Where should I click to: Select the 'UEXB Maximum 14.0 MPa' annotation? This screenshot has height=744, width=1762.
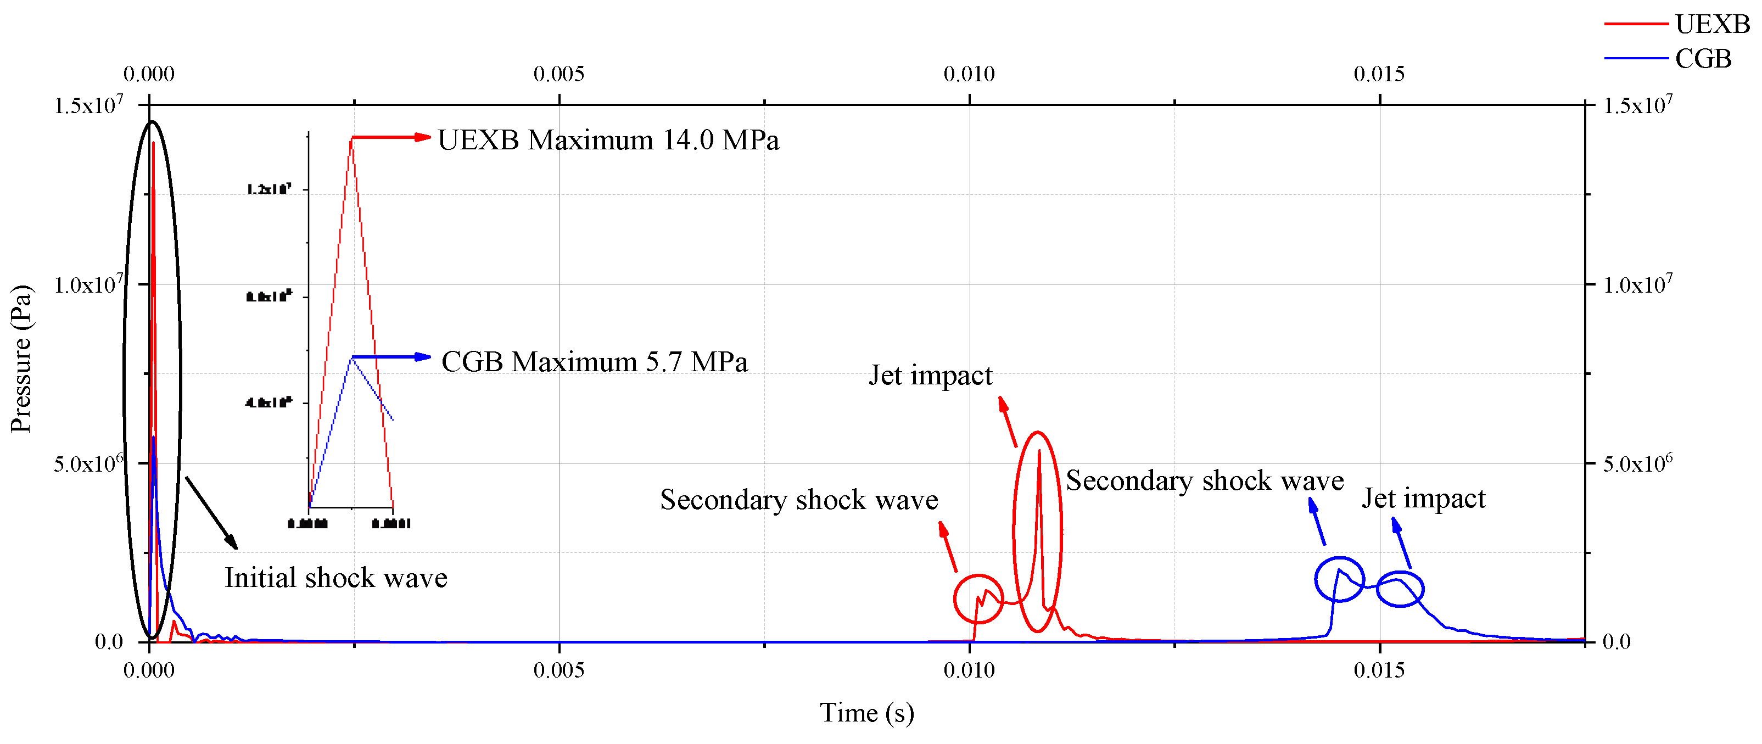click(607, 140)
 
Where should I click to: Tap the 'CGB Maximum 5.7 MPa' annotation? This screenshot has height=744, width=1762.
click(594, 362)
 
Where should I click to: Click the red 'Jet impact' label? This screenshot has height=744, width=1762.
click(930, 376)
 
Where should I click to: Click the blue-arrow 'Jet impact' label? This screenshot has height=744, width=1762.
click(1423, 499)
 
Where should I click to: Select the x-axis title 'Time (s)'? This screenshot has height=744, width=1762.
click(866, 713)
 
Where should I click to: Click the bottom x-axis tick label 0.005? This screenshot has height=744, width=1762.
click(559, 670)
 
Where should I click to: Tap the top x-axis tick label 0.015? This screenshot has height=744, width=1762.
click(1379, 74)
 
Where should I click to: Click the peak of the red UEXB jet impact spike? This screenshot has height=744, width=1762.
click(1039, 451)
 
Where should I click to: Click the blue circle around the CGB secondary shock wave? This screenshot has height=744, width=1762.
click(1339, 580)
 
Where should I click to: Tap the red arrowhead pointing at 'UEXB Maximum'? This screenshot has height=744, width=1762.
click(424, 137)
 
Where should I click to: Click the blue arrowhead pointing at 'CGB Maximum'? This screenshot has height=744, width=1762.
click(424, 357)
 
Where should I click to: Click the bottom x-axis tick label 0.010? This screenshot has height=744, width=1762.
click(969, 670)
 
